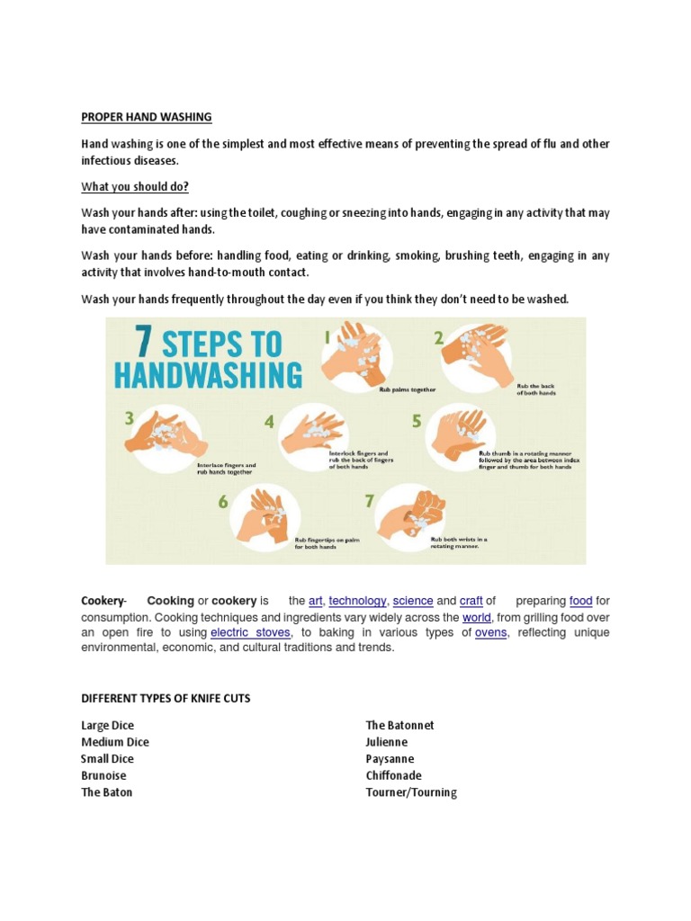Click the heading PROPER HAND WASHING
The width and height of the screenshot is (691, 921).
click(147, 117)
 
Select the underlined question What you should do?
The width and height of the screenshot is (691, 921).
click(135, 186)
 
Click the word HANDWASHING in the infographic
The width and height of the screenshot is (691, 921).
click(209, 375)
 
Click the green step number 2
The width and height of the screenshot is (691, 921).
click(438, 338)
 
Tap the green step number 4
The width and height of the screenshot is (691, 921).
click(269, 422)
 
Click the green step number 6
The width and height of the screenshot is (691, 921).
click(222, 502)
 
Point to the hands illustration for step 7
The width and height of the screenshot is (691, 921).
click(411, 515)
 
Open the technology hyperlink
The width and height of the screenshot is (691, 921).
click(357, 601)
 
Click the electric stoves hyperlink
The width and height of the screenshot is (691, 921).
click(250, 632)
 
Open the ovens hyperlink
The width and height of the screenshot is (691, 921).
click(491, 632)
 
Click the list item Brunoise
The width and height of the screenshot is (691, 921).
click(103, 775)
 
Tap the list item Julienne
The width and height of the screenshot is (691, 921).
click(387, 742)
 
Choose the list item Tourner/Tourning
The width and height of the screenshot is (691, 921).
click(411, 792)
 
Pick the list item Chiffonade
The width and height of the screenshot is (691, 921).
click(393, 775)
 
